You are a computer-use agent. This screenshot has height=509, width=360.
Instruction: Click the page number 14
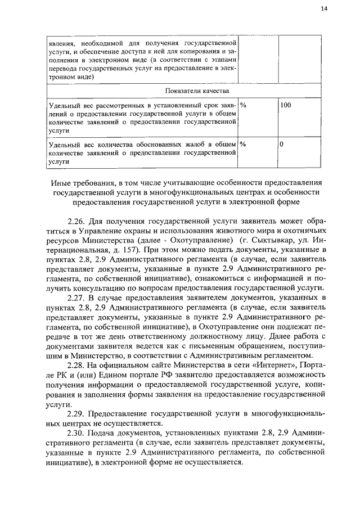click(323, 8)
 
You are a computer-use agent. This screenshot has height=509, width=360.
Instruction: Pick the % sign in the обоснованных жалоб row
click(243, 144)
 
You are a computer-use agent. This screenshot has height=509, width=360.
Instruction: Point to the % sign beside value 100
click(243, 105)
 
